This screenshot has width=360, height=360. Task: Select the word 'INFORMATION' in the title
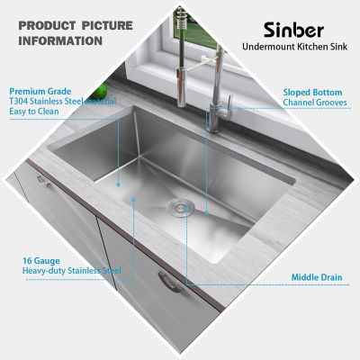[60, 40]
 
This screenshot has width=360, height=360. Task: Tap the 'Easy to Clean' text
[37, 113]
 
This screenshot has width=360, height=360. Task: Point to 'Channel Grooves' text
[315, 103]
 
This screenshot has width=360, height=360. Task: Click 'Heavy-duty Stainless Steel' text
[71, 270]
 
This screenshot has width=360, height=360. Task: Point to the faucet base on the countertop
[214, 121]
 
